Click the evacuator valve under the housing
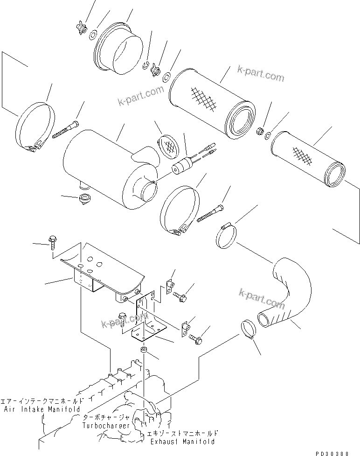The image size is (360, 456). pyautogui.click(x=85, y=199)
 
